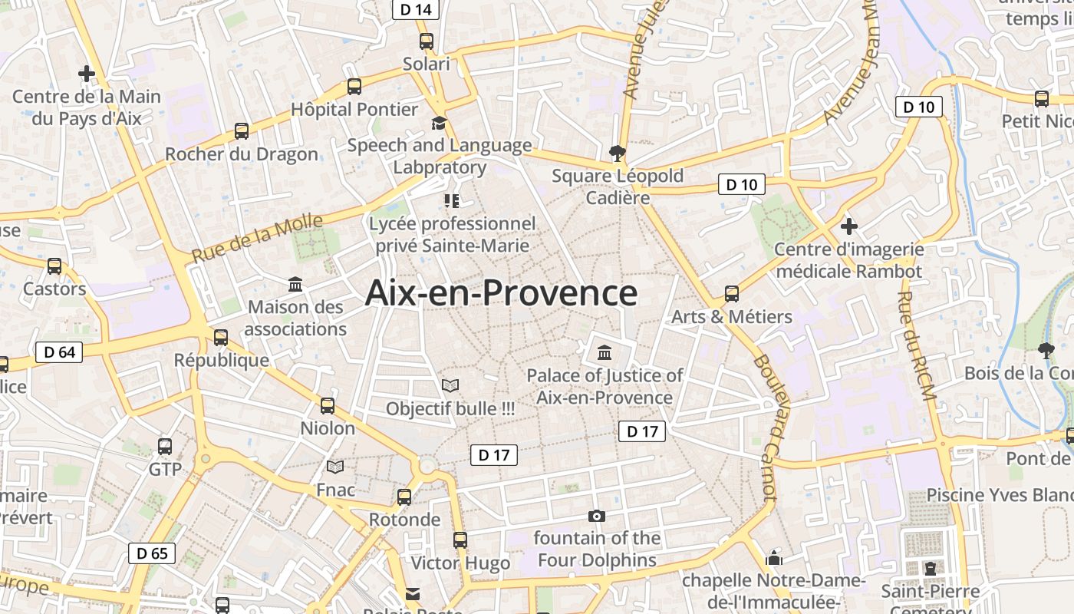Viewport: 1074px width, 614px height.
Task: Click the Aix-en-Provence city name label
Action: pos(501,293)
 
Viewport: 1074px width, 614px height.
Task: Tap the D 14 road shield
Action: pos(416,9)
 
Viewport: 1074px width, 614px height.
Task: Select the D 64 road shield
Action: pos(59,352)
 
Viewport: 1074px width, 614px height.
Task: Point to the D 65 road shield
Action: pos(152,553)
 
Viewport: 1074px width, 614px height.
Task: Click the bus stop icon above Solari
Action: pos(427,41)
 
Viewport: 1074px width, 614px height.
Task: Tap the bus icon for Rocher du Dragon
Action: pos(242,131)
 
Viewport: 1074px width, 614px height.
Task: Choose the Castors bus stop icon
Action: pos(54,266)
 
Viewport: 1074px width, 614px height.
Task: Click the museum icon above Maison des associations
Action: pos(295,285)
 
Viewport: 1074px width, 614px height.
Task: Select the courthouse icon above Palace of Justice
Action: pos(605,353)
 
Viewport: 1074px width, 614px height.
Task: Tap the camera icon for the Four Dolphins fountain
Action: pos(596,516)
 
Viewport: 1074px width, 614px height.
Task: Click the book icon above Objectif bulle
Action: pos(450,385)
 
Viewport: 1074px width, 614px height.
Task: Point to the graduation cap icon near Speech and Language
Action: pos(439,124)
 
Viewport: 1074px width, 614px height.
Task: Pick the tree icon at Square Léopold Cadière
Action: pos(616,153)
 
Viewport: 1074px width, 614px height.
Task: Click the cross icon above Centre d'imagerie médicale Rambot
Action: pos(848,226)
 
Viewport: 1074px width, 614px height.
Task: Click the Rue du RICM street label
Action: pos(917,345)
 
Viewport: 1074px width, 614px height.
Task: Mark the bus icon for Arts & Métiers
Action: pos(732,294)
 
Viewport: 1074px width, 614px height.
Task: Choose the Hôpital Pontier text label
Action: pos(354,109)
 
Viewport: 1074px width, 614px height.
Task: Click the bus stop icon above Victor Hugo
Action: pos(460,540)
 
